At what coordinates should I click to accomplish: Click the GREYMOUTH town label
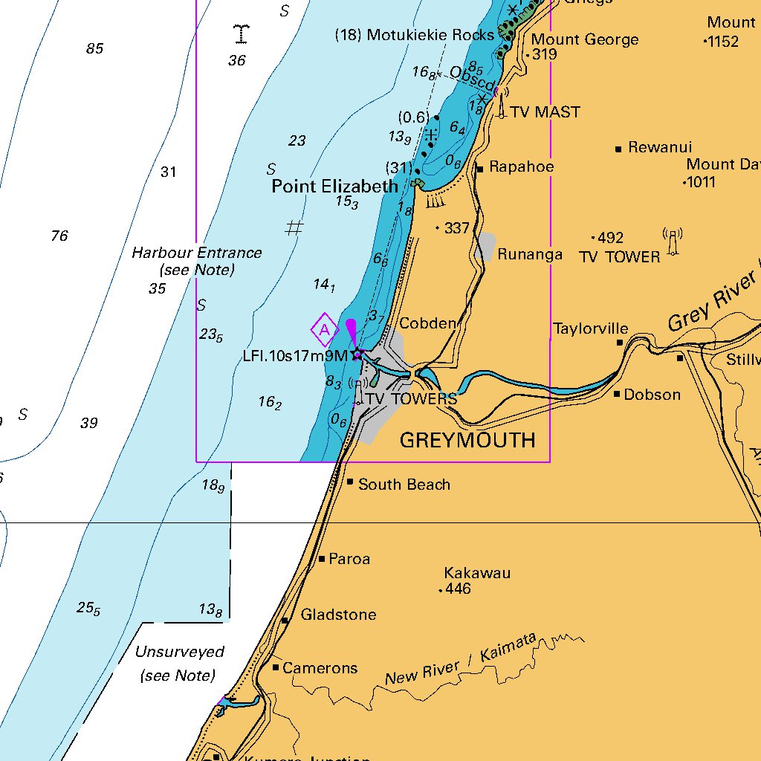(x=467, y=440)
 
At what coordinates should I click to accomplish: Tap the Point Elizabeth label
(x=334, y=186)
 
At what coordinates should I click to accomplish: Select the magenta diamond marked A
(x=324, y=330)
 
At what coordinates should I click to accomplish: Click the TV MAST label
(x=545, y=112)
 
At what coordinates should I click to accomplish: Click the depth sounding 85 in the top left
(x=94, y=49)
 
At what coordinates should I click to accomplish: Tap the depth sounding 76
(x=59, y=236)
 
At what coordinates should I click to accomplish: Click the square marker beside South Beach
(x=350, y=482)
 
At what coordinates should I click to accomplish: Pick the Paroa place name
(x=349, y=559)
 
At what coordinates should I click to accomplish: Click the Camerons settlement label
(x=320, y=668)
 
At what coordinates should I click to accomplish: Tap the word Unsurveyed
(x=179, y=652)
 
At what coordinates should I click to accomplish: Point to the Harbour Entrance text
(x=196, y=253)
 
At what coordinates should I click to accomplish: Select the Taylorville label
(x=590, y=328)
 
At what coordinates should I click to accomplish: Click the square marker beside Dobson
(x=617, y=394)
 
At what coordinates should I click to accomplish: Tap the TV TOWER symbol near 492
(x=673, y=242)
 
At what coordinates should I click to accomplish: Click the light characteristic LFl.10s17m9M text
(x=295, y=355)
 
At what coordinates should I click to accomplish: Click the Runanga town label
(x=530, y=254)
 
